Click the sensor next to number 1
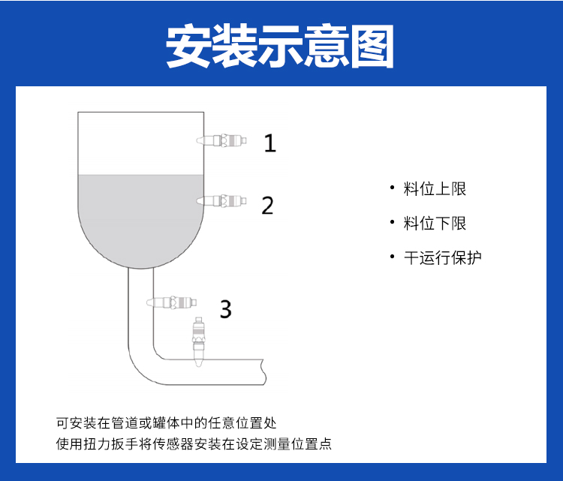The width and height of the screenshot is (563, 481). (x=221, y=140)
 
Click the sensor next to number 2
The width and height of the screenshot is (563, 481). (x=221, y=200)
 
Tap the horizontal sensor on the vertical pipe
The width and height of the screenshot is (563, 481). (x=172, y=302)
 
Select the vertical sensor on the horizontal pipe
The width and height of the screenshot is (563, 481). (x=199, y=341)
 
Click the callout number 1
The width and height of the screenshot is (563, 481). (x=270, y=143)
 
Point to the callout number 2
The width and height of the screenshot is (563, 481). (x=267, y=206)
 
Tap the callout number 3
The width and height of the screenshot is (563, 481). (x=225, y=309)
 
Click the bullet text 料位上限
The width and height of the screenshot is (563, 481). (x=435, y=189)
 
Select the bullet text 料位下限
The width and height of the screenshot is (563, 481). (x=435, y=224)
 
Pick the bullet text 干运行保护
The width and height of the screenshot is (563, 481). (x=442, y=257)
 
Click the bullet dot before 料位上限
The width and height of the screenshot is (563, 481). (x=392, y=188)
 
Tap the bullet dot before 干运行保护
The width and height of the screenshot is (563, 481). (x=392, y=257)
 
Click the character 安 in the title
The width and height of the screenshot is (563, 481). (x=188, y=46)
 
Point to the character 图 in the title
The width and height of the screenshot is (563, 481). (x=372, y=46)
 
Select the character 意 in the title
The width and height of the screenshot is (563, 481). (x=326, y=46)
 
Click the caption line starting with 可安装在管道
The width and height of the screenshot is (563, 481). (x=166, y=423)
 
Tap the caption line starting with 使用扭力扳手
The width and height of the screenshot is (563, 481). (x=194, y=444)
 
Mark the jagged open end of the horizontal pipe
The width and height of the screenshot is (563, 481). (x=264, y=372)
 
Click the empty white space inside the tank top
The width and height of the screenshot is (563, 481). (x=141, y=143)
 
